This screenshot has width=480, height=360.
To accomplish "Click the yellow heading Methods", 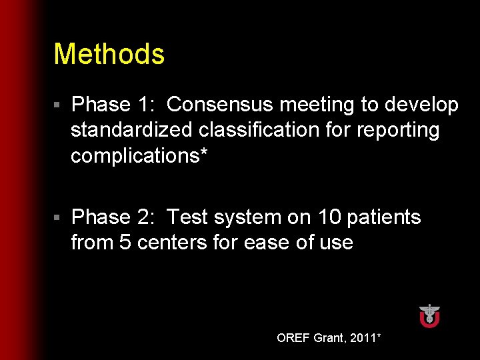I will [109, 55].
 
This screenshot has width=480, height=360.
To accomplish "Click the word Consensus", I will [220, 105].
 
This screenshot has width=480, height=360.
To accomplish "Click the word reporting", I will [398, 130].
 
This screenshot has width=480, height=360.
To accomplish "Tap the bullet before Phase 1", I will [58, 105].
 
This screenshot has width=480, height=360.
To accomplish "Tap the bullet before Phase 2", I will [58, 218].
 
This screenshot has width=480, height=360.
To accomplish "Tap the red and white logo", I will [429, 315].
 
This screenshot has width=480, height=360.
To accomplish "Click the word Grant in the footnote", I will [329, 338].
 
